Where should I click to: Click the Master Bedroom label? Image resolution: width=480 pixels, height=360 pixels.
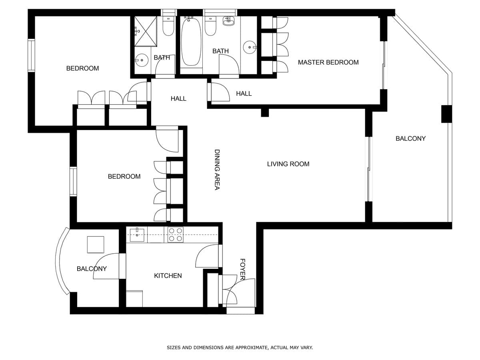(328, 62)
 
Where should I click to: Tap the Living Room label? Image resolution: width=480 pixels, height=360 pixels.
(288, 164)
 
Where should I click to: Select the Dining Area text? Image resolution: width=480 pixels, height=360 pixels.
(217, 170)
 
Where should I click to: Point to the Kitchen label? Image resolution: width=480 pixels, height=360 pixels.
(168, 276)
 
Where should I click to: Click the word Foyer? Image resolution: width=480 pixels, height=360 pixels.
(242, 269)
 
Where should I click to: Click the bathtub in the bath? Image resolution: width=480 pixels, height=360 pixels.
(191, 42)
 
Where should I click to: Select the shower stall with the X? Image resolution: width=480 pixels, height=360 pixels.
(146, 31)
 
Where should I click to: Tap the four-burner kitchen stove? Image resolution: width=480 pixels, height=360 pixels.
(175, 235)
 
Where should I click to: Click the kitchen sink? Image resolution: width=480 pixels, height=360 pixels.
(137, 235)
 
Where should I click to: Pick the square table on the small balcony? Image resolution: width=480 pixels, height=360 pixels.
(95, 244)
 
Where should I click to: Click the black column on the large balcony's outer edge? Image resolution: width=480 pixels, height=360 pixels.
(446, 114)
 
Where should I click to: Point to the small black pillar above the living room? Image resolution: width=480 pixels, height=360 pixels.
(265, 112)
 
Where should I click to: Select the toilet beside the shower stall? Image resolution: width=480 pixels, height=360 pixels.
(168, 26)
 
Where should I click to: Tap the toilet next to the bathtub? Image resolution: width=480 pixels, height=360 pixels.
(210, 26)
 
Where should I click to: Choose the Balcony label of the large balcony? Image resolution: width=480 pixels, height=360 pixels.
(410, 138)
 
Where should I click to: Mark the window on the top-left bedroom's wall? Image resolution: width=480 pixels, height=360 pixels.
(31, 55)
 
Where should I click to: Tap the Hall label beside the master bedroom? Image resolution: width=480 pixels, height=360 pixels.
(244, 94)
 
